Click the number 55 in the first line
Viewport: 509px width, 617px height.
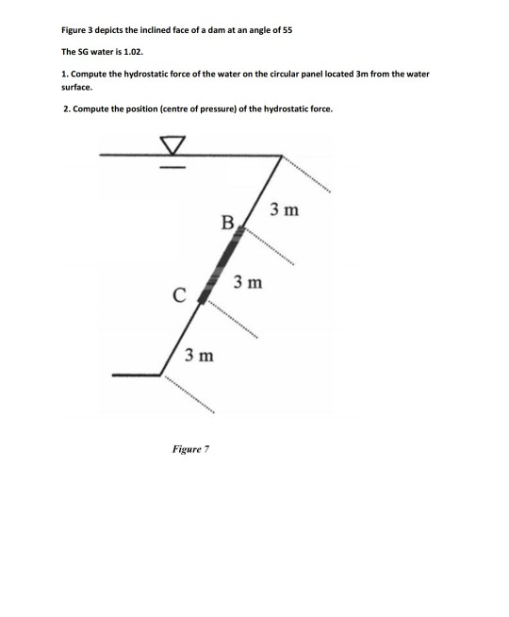coord(287,30)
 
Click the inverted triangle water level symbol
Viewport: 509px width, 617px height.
coord(172,145)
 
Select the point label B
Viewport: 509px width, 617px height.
coord(226,224)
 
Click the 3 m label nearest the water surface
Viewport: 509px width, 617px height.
coord(284,209)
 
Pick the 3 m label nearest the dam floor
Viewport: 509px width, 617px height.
coord(199,356)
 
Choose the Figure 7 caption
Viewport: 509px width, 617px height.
coord(190,449)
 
